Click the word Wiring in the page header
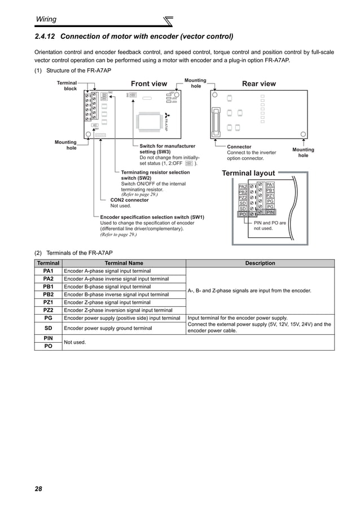pos(46,19)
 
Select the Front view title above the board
pos(149,84)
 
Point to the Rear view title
pos(259,84)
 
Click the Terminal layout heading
pos(248,173)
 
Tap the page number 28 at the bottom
pos(38,488)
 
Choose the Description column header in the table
pos(260,263)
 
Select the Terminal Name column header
pos(124,263)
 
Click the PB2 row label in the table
pos(48,294)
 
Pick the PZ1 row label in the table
pos(48,302)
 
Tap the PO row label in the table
pos(48,346)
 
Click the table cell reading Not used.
pos(76,342)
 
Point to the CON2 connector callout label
pos(129,200)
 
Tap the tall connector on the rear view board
pos(215,118)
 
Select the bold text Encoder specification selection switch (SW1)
pos(152,217)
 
